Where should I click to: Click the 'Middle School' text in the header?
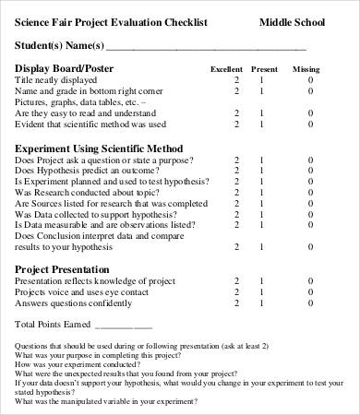pos(292,22)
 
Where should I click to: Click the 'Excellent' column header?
pos(226,70)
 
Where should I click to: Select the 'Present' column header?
pos(264,70)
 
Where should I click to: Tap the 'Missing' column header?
pos(306,70)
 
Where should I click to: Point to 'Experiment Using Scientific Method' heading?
pos(99,148)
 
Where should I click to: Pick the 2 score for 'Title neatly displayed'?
pos(236,81)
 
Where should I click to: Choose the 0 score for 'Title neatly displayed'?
pos(310,81)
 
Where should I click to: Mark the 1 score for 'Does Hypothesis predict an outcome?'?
pos(260,172)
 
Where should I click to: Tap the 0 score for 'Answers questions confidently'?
pos(310,303)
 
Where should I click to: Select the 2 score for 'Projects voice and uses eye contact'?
pos(236,292)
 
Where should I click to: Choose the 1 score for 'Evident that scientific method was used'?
pos(260,124)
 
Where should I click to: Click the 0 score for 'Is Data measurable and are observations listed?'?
pos(310,225)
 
